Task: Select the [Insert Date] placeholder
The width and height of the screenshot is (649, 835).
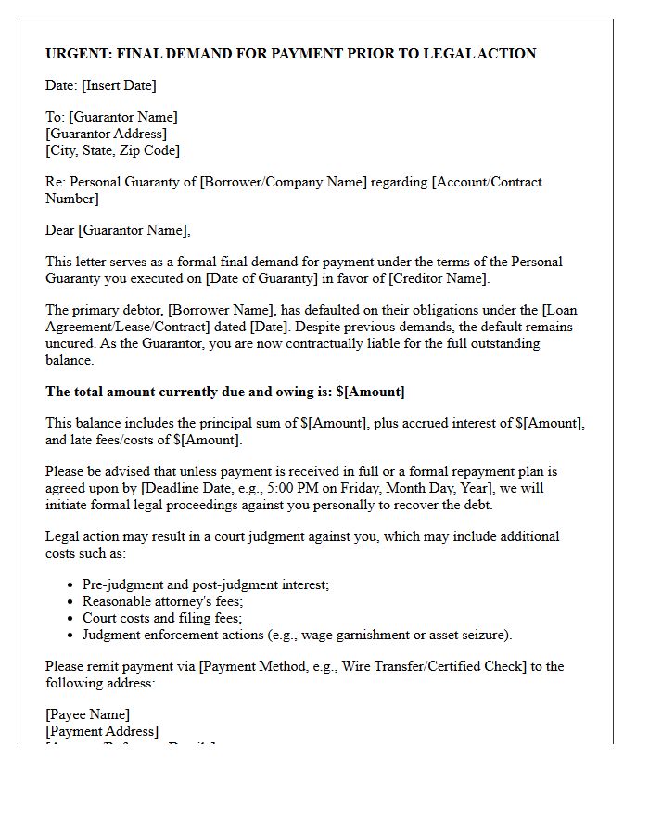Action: click(x=119, y=85)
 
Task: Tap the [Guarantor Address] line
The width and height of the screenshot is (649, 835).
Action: click(x=107, y=134)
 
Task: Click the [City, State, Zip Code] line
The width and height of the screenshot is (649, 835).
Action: click(x=113, y=150)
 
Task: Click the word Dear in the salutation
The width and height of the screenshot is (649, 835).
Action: click(x=60, y=230)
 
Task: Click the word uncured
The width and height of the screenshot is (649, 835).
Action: click(x=68, y=343)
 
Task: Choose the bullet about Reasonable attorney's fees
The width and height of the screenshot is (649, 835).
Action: click(x=162, y=601)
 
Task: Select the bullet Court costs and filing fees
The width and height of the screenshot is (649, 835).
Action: click(x=162, y=618)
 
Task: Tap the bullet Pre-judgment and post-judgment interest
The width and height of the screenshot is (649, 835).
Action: click(x=205, y=584)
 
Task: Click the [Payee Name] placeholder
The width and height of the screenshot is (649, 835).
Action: click(x=87, y=714)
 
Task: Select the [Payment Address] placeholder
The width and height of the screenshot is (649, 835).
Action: click(x=102, y=731)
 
